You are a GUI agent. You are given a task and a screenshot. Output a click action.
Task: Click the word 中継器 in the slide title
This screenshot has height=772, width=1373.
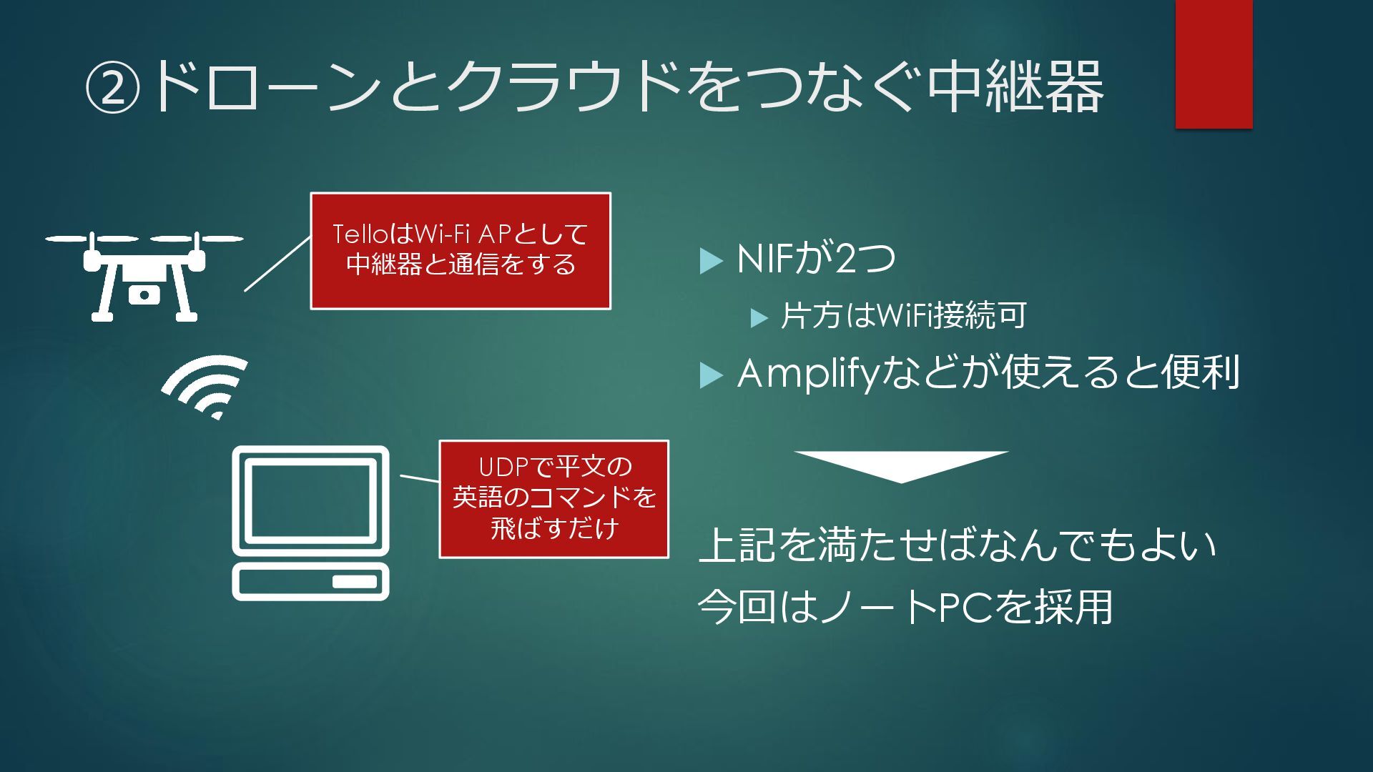[1015, 87]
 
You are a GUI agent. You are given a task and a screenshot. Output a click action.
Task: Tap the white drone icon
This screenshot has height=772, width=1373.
[144, 276]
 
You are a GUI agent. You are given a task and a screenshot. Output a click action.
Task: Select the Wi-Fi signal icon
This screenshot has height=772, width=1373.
[206, 387]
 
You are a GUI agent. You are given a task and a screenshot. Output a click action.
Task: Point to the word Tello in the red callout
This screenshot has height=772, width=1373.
[362, 234]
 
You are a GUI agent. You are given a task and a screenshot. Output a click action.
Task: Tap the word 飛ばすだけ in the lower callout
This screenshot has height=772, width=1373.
[554, 529]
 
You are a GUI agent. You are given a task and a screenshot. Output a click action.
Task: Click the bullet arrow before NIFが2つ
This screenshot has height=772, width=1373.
[710, 261]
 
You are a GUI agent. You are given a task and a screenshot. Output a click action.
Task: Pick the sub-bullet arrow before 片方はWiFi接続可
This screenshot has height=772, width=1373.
[759, 318]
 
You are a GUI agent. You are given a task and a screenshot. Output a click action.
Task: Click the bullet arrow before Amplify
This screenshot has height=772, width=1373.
[710, 375]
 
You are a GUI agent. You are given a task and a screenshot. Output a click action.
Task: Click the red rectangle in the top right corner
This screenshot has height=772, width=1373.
[1214, 64]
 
